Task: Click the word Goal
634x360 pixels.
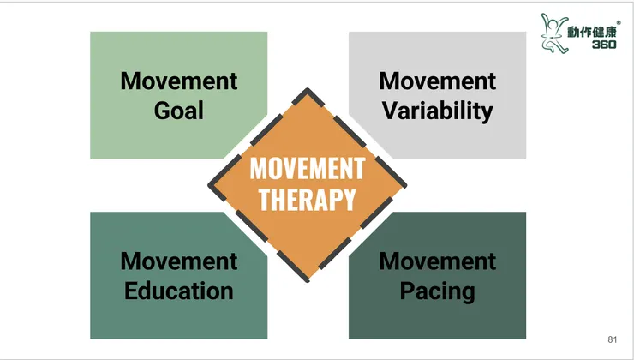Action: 179,111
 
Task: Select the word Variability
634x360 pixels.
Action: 438,111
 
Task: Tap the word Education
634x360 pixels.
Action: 179,291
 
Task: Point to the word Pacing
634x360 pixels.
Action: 438,291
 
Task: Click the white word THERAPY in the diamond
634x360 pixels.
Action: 308,200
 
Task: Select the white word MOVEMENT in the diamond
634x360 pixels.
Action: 308,168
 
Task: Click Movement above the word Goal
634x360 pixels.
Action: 179,81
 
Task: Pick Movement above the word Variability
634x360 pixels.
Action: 438,81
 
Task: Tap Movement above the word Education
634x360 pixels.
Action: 179,261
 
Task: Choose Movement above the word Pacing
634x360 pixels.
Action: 438,261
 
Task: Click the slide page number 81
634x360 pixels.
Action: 613,339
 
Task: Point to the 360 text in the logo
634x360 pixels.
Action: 604,44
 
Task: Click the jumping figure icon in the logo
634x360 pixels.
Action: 553,33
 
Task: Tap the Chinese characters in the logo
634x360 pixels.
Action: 592,32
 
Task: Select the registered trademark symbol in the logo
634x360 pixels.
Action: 619,23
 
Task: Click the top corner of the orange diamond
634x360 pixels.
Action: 308,89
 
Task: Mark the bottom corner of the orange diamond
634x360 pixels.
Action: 308,281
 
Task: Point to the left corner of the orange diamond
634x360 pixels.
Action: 209,185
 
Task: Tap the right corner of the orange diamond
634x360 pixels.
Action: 405,185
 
